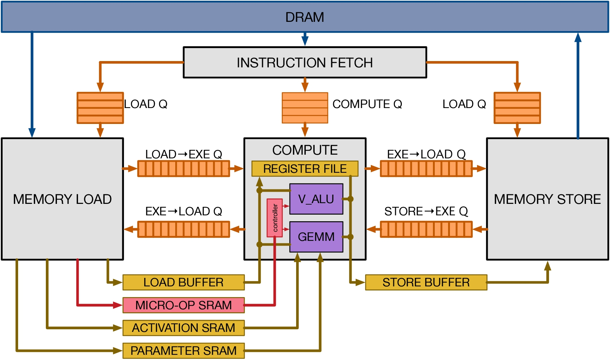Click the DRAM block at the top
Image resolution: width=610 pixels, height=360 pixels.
(305, 17)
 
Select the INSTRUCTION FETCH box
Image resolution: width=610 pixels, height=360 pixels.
(305, 63)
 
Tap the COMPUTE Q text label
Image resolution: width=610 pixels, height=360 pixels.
(367, 104)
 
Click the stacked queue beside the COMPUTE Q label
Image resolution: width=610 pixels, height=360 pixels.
(305, 108)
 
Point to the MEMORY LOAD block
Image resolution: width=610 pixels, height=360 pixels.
(62, 199)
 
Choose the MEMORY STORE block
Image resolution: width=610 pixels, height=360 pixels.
(548, 199)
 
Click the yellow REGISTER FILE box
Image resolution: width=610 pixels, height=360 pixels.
(305, 169)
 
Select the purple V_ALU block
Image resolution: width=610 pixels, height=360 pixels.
(316, 199)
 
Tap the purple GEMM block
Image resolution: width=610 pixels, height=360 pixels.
(316, 236)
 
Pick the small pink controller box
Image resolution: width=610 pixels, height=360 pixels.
(275, 218)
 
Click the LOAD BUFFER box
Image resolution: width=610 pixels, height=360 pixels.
(183, 282)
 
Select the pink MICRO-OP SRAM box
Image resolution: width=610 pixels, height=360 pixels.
(183, 305)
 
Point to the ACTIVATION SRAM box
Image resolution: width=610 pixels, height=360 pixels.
(183, 328)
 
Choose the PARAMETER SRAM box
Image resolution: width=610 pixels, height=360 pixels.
(183, 351)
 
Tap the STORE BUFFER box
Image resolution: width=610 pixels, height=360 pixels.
(426, 282)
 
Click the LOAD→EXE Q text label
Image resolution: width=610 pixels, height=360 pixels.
(183, 154)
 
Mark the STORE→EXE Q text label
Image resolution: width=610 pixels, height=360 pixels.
(426, 211)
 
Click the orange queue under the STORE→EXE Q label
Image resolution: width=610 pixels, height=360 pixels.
(426, 229)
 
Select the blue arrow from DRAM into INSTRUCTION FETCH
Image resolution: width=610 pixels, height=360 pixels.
(305, 39)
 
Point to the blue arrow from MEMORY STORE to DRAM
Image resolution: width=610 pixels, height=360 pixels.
(578, 85)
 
